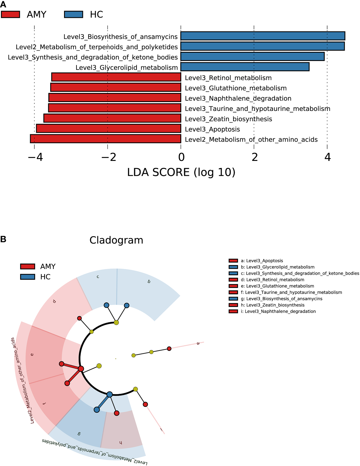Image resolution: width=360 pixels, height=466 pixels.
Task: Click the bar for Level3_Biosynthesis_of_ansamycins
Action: click(263, 36)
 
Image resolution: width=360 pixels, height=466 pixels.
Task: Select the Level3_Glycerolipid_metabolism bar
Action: click(245, 67)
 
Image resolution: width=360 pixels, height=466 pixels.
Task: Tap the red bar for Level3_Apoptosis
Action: click(109, 129)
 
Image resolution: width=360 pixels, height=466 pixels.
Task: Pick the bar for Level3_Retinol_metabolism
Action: click(116, 77)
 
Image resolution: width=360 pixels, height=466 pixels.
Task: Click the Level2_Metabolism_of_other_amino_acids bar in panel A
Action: click(105, 139)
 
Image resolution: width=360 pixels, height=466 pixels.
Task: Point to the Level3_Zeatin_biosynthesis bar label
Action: click(228, 119)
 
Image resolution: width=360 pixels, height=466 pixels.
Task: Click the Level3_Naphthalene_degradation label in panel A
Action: click(238, 98)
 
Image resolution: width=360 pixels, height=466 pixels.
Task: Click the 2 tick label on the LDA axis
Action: click(254, 157)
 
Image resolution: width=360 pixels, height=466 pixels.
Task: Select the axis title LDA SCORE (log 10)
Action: click(181, 173)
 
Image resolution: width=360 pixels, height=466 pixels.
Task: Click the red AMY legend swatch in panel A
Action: click(11, 14)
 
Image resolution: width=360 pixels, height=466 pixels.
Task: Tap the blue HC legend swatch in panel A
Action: click(73, 14)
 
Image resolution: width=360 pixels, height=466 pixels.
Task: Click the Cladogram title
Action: click(116, 240)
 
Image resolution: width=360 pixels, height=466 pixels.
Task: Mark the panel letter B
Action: click(3, 239)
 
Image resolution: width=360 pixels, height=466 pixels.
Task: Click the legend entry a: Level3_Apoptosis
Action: click(262, 261)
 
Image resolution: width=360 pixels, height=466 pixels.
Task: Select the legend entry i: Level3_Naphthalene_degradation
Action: click(278, 311)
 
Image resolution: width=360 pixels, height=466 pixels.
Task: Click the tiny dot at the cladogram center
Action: click(116, 359)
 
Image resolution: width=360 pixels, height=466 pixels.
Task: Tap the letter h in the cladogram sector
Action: click(121, 443)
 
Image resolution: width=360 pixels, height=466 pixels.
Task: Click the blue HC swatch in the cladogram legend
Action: click(27, 277)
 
